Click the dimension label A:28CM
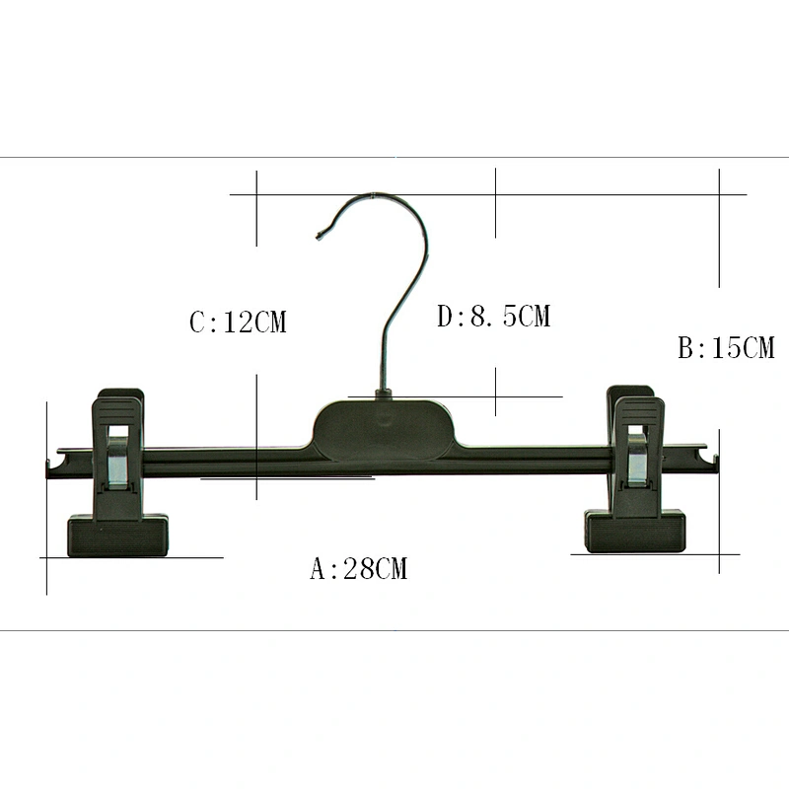[358, 569]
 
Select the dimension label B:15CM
[726, 348]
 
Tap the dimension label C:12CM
[238, 323]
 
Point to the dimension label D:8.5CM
[494, 316]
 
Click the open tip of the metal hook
[319, 235]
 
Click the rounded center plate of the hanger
[384, 430]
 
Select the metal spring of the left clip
[117, 462]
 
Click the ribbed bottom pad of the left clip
[117, 536]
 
